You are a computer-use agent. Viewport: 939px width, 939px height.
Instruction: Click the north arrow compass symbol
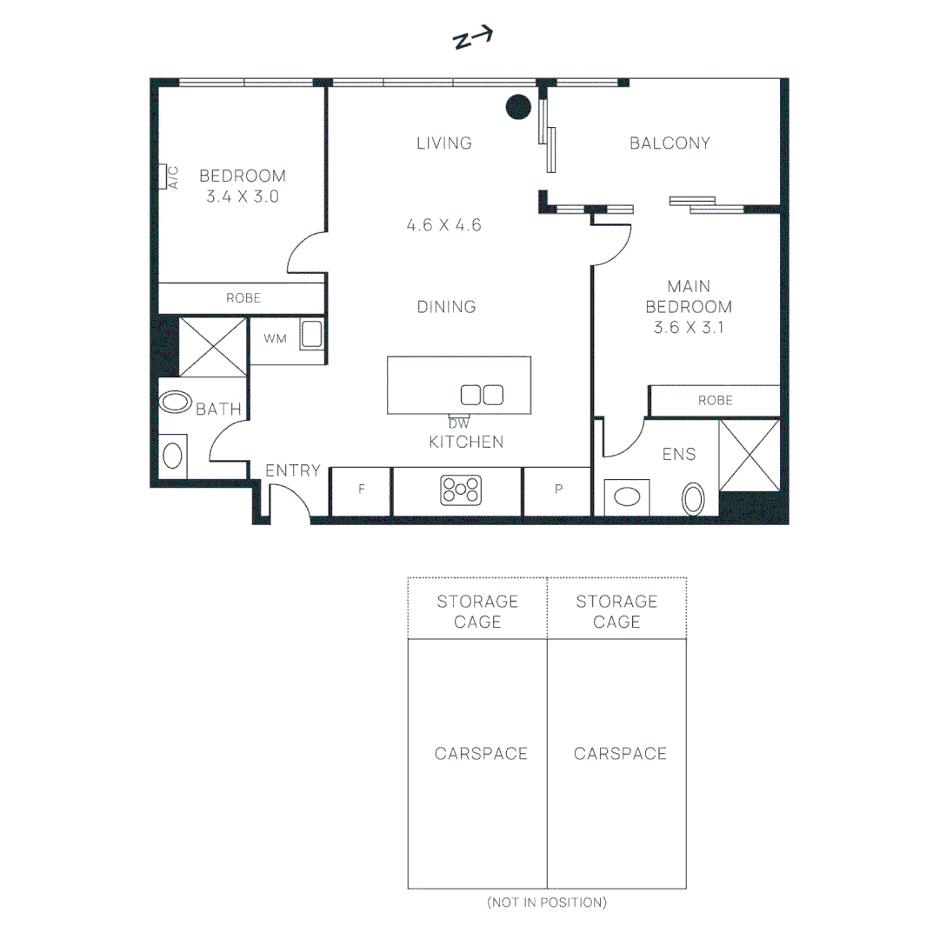pyautogui.click(x=472, y=38)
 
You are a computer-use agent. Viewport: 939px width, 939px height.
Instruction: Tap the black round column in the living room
pyautogui.click(x=518, y=107)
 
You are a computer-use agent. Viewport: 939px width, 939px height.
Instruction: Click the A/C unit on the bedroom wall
pyautogui.click(x=163, y=176)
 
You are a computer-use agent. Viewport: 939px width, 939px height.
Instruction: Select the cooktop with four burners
pyautogui.click(x=461, y=489)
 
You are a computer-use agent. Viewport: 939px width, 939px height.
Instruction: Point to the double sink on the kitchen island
pyautogui.click(x=482, y=395)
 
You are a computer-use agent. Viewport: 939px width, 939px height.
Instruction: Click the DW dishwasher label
pyautogui.click(x=459, y=423)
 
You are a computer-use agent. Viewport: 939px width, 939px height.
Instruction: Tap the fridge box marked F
pyautogui.click(x=361, y=491)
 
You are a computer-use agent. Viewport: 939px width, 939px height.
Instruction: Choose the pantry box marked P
pyautogui.click(x=558, y=491)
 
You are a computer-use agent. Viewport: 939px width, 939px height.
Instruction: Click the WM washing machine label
pyautogui.click(x=275, y=339)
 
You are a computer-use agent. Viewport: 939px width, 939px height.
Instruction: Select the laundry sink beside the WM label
pyautogui.click(x=311, y=334)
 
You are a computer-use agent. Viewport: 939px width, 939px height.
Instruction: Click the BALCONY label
pyautogui.click(x=670, y=143)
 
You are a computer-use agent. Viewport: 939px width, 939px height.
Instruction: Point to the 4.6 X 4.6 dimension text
pyautogui.click(x=443, y=225)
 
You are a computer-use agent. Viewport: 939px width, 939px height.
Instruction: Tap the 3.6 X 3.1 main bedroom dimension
pyautogui.click(x=689, y=328)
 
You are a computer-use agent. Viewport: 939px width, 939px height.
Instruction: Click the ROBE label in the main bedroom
pyautogui.click(x=715, y=401)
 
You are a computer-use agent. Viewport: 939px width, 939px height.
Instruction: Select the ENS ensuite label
pyautogui.click(x=679, y=454)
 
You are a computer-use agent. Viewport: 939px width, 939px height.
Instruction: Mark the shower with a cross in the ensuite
pyautogui.click(x=749, y=456)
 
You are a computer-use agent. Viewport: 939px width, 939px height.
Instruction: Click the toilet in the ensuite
pyautogui.click(x=693, y=499)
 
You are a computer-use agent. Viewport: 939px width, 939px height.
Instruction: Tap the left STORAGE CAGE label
pyautogui.click(x=477, y=611)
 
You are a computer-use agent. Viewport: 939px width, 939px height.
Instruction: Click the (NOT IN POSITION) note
pyautogui.click(x=547, y=902)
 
